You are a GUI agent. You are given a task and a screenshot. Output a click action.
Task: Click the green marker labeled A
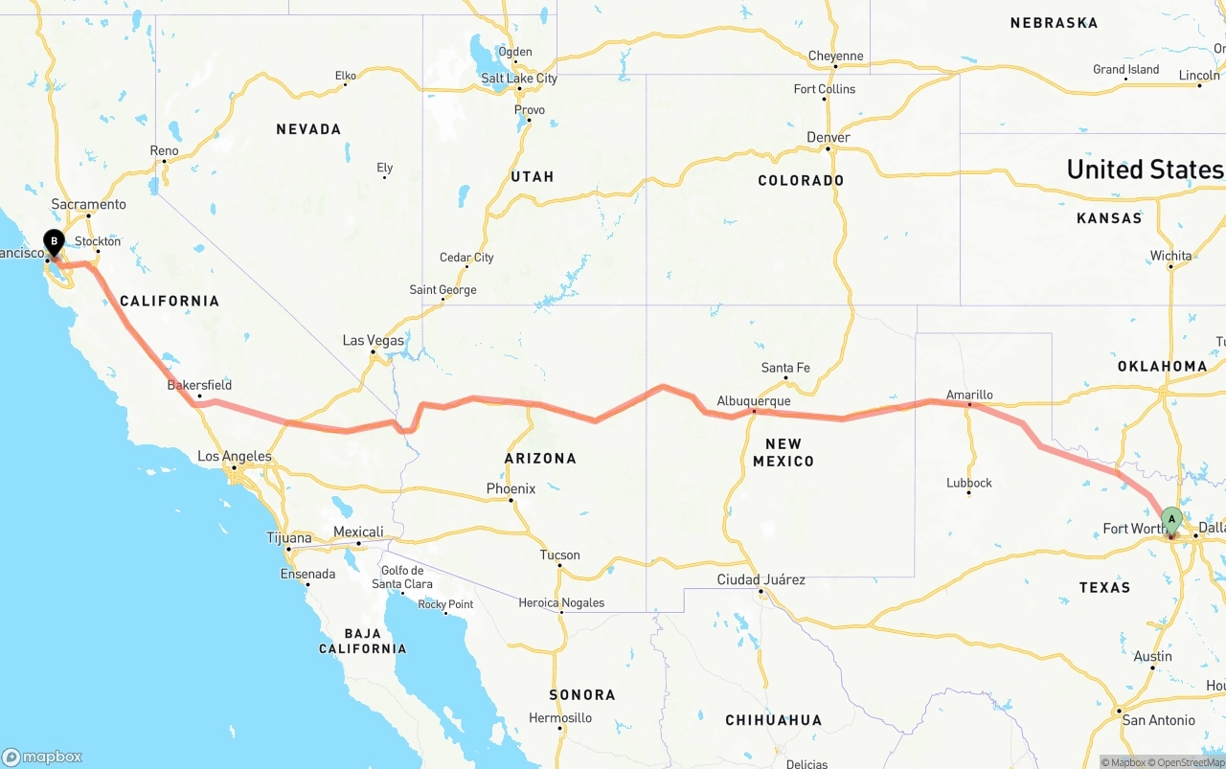(1170, 520)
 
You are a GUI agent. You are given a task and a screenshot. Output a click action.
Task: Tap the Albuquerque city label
(754, 400)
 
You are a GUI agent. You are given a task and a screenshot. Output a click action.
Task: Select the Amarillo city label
(969, 394)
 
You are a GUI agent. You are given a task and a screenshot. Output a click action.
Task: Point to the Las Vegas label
(374, 340)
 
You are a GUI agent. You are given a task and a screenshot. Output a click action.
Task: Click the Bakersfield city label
(199, 385)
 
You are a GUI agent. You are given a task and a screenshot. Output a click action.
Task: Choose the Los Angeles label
(235, 456)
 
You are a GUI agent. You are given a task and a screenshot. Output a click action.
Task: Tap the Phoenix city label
(511, 488)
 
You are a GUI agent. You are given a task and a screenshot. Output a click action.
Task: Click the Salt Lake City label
(519, 79)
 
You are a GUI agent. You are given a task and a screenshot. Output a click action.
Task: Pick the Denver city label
(829, 137)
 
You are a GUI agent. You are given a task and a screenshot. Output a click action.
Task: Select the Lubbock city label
(968, 483)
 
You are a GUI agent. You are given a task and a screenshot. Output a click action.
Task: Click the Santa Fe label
(785, 368)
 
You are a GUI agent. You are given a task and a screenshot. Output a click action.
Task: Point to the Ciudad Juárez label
(761, 579)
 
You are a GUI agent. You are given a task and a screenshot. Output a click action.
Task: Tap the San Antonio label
(1158, 720)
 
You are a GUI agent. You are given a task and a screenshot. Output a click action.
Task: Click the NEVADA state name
(308, 129)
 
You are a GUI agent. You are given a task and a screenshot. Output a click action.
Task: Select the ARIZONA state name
(540, 459)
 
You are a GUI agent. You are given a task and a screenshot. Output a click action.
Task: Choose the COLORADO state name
(801, 180)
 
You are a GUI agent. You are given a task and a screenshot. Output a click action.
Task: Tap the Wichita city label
(1170, 256)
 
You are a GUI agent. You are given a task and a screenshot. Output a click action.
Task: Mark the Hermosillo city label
(560, 717)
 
